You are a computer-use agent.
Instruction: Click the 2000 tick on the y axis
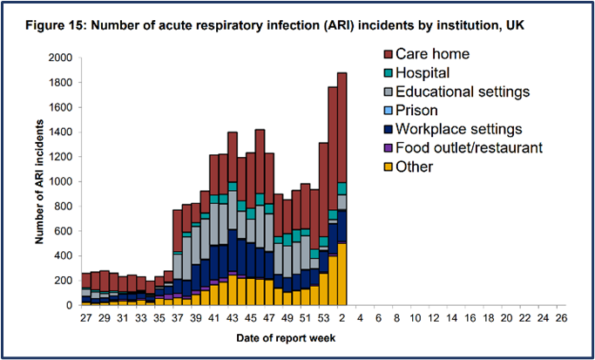60,58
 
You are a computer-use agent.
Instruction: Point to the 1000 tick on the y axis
60,182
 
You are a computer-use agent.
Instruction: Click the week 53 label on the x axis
323,319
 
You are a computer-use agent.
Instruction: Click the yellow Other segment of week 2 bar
341,275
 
